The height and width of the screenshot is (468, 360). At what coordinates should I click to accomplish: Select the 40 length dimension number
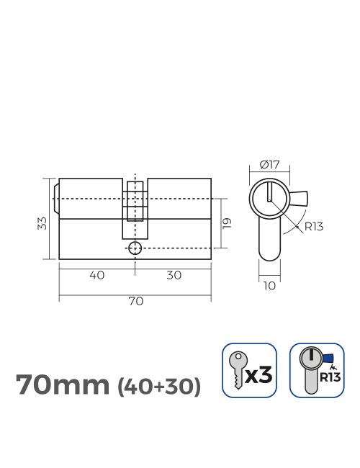96,274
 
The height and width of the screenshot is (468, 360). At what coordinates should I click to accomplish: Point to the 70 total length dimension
135,301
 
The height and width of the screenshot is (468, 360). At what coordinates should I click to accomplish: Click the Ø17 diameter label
269,165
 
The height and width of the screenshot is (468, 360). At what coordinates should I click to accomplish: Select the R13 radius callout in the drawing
312,227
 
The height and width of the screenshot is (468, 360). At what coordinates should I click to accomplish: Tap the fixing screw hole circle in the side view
135,248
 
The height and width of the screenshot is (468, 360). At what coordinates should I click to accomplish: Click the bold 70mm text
63,384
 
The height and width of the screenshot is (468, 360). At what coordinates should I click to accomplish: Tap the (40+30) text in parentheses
158,386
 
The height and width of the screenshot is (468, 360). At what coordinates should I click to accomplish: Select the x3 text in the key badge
261,374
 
